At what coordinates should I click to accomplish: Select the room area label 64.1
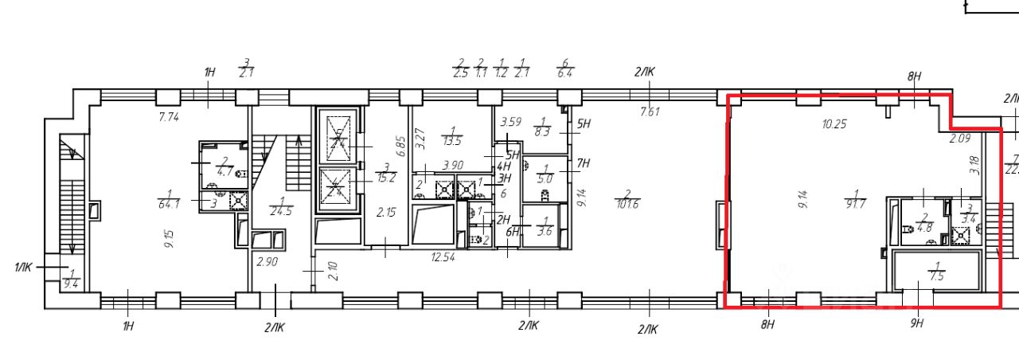(x=170, y=202)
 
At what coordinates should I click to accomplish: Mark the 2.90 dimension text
(x=266, y=261)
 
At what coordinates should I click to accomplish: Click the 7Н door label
(x=584, y=164)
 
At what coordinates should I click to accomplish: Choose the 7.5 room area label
(x=936, y=276)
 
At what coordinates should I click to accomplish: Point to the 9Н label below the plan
(x=917, y=323)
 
